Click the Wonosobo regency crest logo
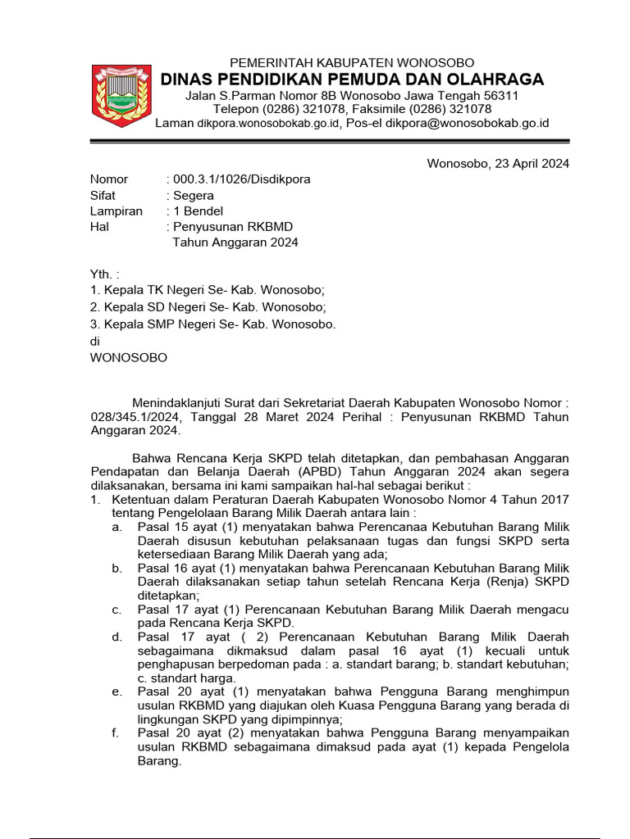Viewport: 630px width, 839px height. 120,95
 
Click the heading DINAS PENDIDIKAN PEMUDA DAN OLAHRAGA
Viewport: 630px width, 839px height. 352,79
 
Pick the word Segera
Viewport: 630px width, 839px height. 193,195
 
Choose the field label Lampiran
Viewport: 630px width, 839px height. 116,211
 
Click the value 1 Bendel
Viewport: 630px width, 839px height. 197,211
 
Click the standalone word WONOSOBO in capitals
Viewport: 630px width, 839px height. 128,358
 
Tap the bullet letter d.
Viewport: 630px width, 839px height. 117,637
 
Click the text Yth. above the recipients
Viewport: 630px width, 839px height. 104,274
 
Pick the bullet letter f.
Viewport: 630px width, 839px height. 116,732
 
